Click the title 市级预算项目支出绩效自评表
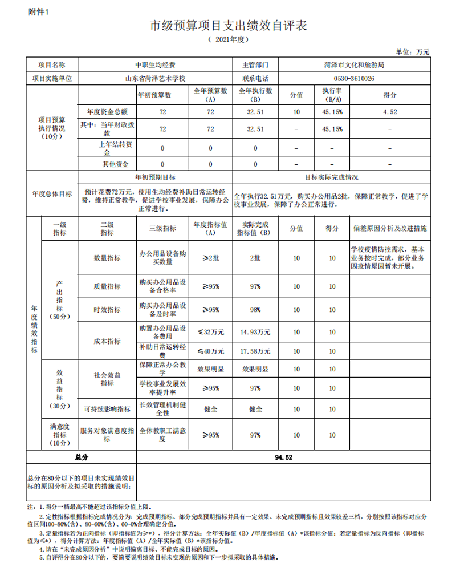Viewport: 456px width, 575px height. (228, 26)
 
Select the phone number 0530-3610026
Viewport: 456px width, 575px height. (354, 79)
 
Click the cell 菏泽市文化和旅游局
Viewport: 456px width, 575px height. (354, 66)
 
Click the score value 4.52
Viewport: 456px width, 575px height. (390, 112)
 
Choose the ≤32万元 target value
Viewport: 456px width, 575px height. (210, 331)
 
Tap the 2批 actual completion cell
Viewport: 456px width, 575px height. (255, 258)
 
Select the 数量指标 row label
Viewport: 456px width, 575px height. (107, 258)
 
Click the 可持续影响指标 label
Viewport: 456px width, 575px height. (107, 409)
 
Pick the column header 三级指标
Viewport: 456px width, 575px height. (162, 228)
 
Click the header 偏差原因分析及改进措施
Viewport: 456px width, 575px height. (390, 228)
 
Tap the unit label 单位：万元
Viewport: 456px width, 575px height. (413, 52)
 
